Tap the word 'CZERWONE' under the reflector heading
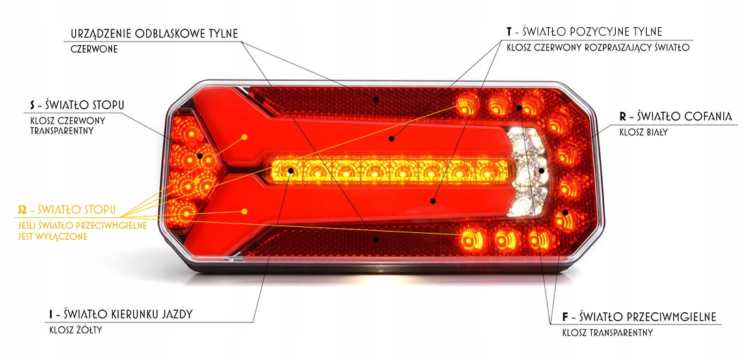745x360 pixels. [94, 50]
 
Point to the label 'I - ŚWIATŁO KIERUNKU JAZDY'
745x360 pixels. [120, 314]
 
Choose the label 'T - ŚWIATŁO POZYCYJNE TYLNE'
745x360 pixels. [584, 32]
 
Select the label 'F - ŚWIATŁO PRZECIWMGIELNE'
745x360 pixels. [639, 317]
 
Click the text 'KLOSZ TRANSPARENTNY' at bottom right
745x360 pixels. [608, 333]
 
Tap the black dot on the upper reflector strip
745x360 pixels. [375, 98]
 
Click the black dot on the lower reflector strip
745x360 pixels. [375, 240]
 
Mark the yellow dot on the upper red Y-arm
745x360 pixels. [244, 137]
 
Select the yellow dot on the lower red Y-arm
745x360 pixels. [244, 212]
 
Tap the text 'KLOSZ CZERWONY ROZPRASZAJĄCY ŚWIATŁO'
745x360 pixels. [598, 49]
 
